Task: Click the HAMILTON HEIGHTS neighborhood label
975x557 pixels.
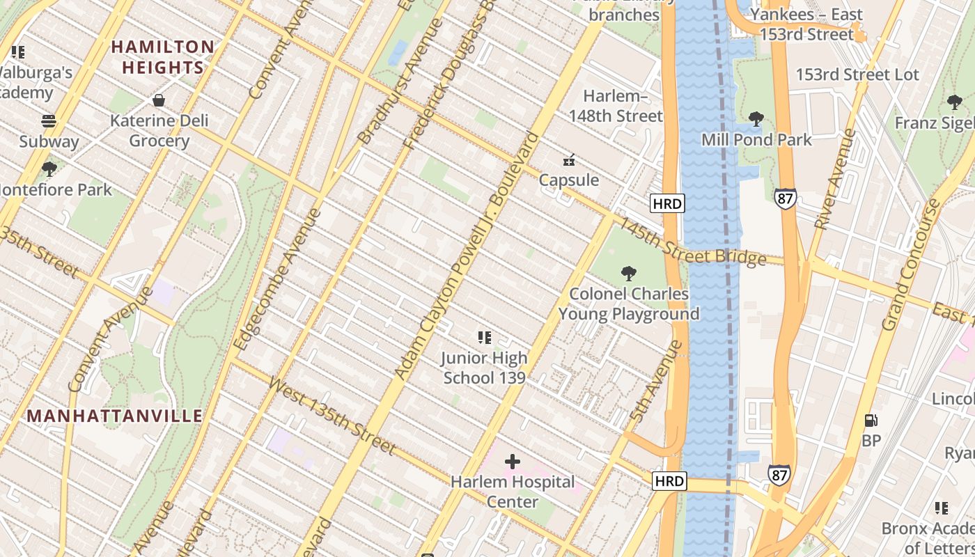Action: [x=163, y=57]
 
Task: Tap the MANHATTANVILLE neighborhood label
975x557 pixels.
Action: [x=115, y=416]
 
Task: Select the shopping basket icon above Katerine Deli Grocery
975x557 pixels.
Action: [x=159, y=100]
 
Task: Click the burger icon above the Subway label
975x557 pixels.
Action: [x=49, y=121]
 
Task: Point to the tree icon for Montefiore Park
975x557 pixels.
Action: [x=49, y=168]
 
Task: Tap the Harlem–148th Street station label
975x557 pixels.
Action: [x=616, y=106]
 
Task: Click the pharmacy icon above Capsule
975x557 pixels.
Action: [x=569, y=160]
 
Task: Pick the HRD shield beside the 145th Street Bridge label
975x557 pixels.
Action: [x=667, y=203]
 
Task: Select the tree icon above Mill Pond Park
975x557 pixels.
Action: [x=756, y=120]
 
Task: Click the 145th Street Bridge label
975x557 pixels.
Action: [x=692, y=242]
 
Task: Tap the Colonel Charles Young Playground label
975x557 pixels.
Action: [x=629, y=304]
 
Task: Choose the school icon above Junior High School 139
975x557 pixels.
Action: [x=485, y=338]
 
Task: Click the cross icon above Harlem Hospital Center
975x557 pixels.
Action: [x=513, y=462]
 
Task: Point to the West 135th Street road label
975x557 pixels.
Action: [x=331, y=416]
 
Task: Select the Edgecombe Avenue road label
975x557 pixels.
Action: [x=277, y=278]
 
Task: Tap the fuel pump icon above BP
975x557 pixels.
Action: [x=871, y=421]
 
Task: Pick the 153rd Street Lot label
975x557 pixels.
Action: [x=857, y=74]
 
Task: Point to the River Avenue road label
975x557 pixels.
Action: [x=833, y=180]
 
